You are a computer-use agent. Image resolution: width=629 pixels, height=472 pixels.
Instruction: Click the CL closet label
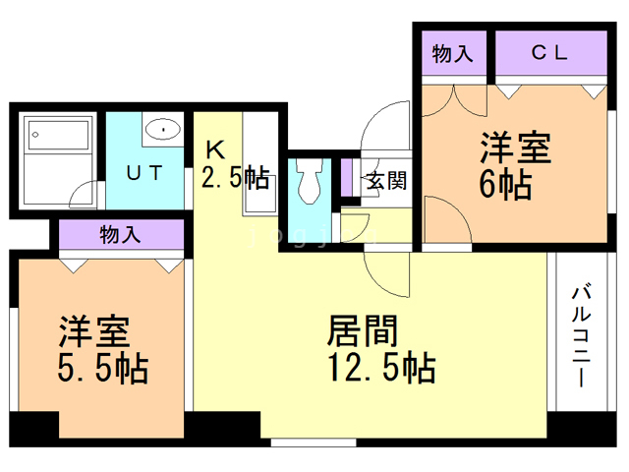pyautogui.click(x=549, y=52)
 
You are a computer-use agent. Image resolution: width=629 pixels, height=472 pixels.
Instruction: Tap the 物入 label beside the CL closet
pyautogui.click(x=452, y=53)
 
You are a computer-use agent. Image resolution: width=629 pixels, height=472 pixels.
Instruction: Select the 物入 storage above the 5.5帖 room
pyautogui.click(x=120, y=234)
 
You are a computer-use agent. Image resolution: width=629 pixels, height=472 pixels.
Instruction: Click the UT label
pyautogui.click(x=144, y=173)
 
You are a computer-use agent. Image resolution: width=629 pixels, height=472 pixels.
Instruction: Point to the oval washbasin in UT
pyautogui.click(x=163, y=129)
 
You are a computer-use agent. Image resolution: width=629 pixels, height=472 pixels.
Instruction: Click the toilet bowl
pyautogui.click(x=310, y=181)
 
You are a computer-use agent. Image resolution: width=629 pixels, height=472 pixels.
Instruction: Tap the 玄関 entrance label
pyautogui.click(x=386, y=181)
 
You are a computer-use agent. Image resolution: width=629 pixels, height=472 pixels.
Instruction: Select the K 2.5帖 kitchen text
pyautogui.click(x=235, y=165)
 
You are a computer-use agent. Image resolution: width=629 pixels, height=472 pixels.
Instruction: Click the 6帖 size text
pyautogui.click(x=505, y=185)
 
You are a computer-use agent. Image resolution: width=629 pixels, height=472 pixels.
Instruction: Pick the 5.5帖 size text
pyautogui.click(x=103, y=368)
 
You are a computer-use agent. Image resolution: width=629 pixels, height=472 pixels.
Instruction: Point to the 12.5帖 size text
pyautogui.click(x=382, y=367)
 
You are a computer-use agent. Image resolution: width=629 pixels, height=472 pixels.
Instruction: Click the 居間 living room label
pyautogui.click(x=363, y=330)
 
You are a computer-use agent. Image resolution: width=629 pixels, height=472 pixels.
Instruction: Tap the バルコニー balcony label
pyautogui.click(x=581, y=335)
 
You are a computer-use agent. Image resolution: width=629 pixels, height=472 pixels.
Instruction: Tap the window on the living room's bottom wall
pyautogui.click(x=314, y=442)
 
